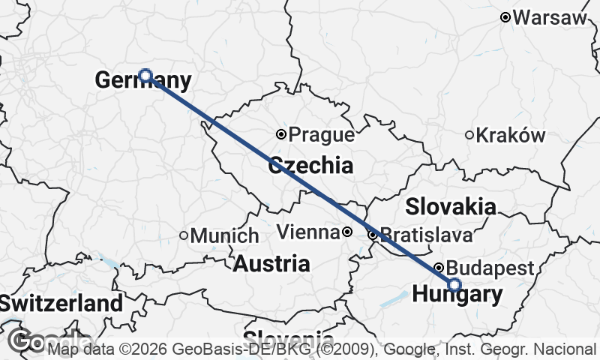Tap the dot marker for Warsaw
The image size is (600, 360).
pyautogui.click(x=506, y=17)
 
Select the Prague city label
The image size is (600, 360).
pyautogui.click(x=321, y=135)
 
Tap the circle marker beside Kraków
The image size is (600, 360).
pyautogui.click(x=469, y=135)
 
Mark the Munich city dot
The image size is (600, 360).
pyautogui.click(x=184, y=235)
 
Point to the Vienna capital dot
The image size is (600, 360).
pyautogui.click(x=347, y=232)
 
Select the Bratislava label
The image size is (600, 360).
pyautogui.click(x=426, y=235)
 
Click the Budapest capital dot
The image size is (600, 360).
pyautogui.click(x=439, y=267)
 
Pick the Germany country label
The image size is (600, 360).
pyautogui.click(x=143, y=80)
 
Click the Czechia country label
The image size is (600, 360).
pyautogui.click(x=310, y=165)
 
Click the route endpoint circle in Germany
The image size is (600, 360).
pyautogui.click(x=145, y=76)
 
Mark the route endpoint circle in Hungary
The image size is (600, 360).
pyautogui.click(x=454, y=284)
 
